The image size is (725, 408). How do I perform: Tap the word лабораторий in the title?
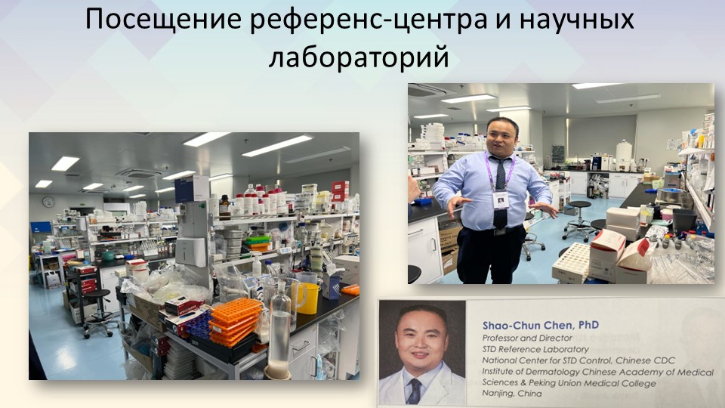click(359, 57)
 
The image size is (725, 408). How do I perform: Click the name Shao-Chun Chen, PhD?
click(541, 325)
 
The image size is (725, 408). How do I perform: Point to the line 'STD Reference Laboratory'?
click(535, 349)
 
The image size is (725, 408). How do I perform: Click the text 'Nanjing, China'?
click(512, 394)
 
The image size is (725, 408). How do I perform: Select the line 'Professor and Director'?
click(527, 338)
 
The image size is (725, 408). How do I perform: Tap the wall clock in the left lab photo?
click(48, 202)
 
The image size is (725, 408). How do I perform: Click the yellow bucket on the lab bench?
click(308, 298)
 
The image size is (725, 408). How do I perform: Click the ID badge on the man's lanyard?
click(501, 199)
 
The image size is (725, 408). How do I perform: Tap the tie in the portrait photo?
click(414, 391)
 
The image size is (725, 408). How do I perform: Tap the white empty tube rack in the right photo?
click(571, 263)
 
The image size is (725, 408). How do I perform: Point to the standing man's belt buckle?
click(499, 232)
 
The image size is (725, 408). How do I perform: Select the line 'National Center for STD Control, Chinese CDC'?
click(578, 360)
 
